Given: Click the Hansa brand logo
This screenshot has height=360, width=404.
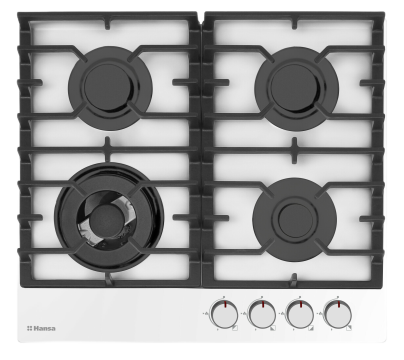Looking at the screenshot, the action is point(41,328).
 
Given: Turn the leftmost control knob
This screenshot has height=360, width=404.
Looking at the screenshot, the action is point(224,314).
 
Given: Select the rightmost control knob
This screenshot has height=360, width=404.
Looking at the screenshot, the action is point(338,314).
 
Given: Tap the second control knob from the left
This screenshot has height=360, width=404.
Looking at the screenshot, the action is point(262,314).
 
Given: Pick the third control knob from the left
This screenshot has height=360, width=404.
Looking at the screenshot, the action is point(300,314).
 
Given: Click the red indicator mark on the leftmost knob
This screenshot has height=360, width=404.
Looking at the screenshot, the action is point(225,304).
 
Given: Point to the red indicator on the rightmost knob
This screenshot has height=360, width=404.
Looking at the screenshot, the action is point(339,304).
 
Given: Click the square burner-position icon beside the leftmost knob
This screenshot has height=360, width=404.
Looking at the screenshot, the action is point(235,328).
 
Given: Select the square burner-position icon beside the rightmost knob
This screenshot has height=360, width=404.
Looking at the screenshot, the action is point(349,328).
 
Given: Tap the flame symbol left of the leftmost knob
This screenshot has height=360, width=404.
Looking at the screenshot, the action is point(206,313).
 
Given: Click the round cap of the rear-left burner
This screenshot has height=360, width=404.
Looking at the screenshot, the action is point(107,86).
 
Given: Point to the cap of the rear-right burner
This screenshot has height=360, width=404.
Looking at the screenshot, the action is point(294,87).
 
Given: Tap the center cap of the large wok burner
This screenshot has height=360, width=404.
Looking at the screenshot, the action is point(107,221).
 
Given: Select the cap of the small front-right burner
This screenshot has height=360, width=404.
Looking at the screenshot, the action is point(295,220).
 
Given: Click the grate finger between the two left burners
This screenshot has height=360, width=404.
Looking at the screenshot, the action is point(107,149).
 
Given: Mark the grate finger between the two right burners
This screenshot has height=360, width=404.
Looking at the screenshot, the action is point(294,150).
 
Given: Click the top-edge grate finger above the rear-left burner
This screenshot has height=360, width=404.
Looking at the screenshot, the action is point(107,23).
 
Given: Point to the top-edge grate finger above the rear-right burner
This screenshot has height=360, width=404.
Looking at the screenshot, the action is point(294,22).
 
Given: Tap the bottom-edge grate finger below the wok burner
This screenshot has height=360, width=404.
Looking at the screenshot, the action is point(109,279).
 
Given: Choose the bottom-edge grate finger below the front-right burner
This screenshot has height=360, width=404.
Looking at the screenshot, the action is point(293,279).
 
